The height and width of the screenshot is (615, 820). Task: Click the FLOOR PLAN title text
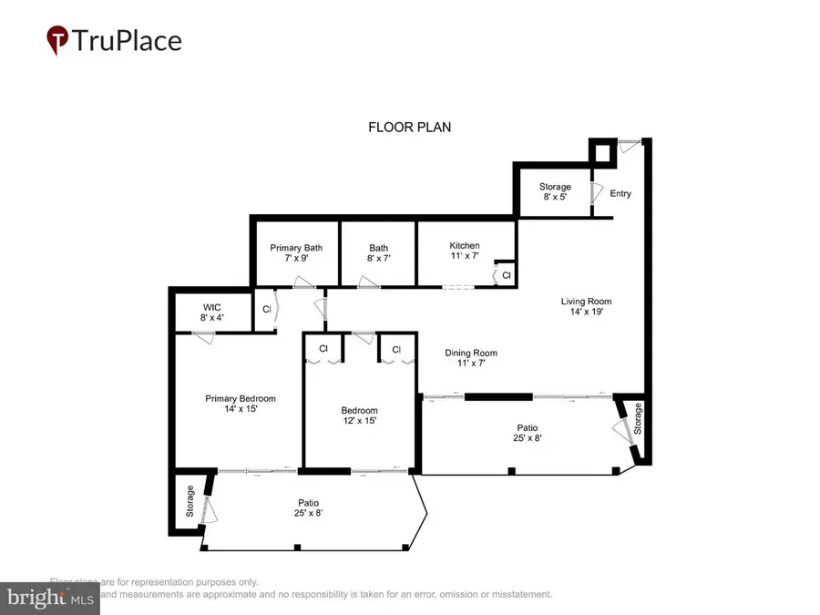pyautogui.click(x=409, y=128)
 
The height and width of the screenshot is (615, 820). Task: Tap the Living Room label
pyautogui.click(x=585, y=302)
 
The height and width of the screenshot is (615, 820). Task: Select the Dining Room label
pyautogui.click(x=470, y=354)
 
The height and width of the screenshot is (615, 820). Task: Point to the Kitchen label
pyautogui.click(x=464, y=246)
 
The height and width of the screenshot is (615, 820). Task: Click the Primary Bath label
pyautogui.click(x=296, y=247)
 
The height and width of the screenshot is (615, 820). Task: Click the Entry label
pyautogui.click(x=620, y=193)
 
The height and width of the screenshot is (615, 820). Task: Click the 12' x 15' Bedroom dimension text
pyautogui.click(x=359, y=421)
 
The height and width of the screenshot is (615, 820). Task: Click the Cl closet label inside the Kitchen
pyautogui.click(x=506, y=274)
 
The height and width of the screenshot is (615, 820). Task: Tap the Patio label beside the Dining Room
pyautogui.click(x=527, y=427)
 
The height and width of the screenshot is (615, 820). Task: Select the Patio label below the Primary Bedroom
pyautogui.click(x=307, y=503)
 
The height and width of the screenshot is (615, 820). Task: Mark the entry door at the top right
pyautogui.click(x=628, y=144)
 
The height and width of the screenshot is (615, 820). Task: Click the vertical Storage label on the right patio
pyautogui.click(x=639, y=419)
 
